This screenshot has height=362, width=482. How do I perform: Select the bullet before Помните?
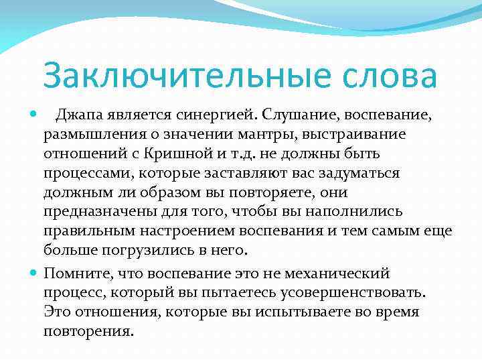[34, 273]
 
